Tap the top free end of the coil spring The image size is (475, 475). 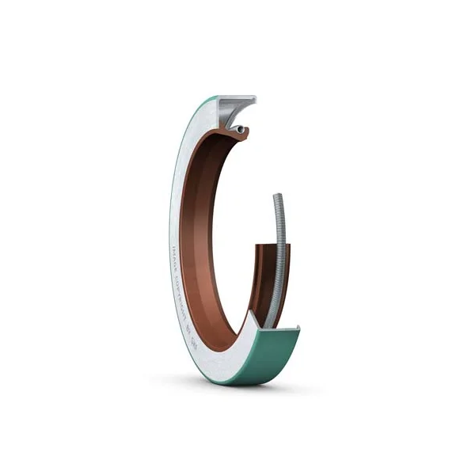coord(277,196)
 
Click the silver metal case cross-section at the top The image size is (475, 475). coord(230,111)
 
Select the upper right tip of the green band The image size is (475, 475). coord(298,325)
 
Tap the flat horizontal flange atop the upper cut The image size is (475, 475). coord(237,100)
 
